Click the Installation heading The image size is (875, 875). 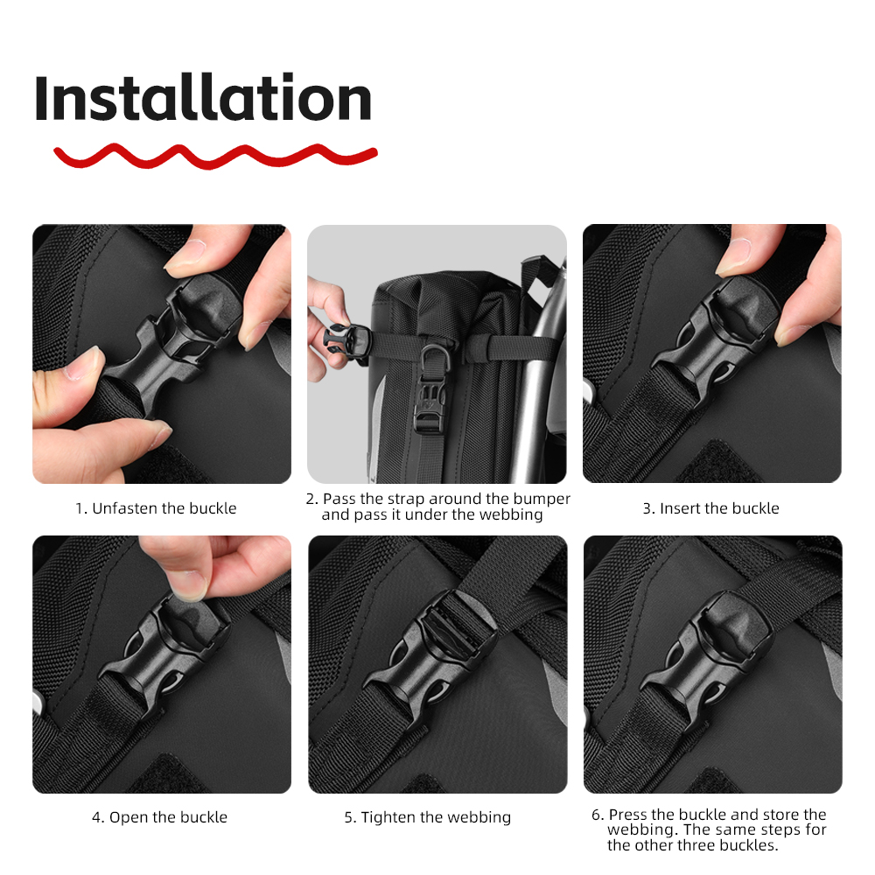203,98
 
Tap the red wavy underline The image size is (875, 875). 215,157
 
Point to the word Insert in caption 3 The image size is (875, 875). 679,508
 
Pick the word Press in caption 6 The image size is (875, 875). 627,815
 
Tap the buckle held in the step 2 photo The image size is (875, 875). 346,341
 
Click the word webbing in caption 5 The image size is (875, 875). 479,817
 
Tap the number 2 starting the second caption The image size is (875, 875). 310,499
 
